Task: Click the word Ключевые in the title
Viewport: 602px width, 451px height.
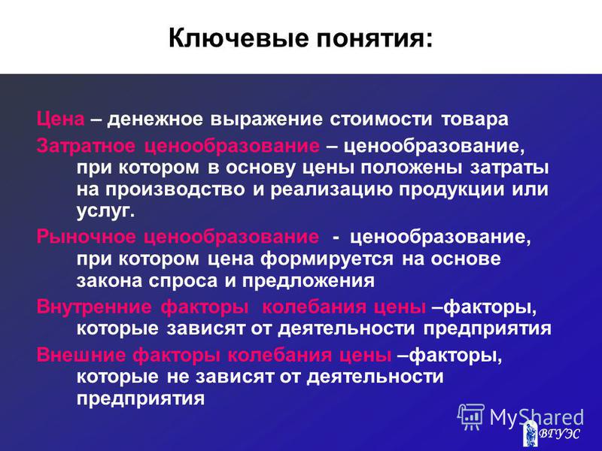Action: (x=239, y=38)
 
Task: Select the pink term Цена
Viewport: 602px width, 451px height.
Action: (x=61, y=120)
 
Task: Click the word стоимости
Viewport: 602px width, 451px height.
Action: (x=381, y=120)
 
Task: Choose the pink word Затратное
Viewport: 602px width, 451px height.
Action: (x=86, y=146)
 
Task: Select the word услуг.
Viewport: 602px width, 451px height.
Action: (x=105, y=212)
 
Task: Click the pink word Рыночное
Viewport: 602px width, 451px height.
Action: (x=86, y=237)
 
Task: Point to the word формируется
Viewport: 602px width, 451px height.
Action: (x=327, y=259)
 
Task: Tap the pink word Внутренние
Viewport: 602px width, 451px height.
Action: (x=94, y=307)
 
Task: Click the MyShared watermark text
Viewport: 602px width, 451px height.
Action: (x=537, y=417)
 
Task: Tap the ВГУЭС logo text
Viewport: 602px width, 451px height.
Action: (x=560, y=434)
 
